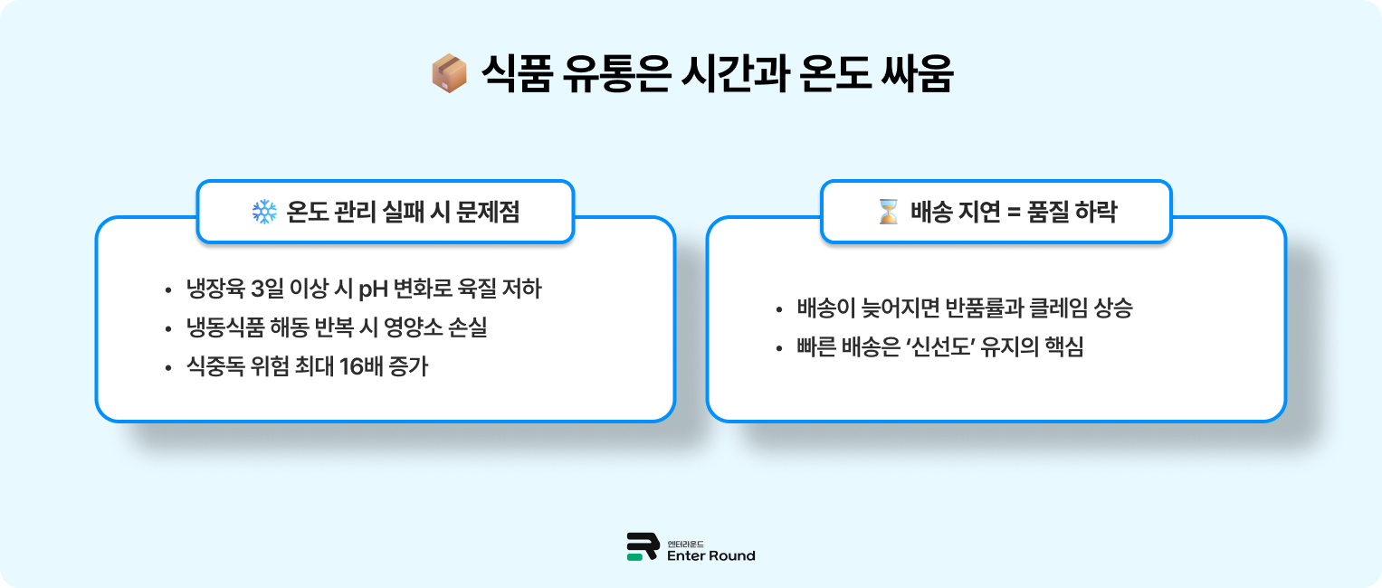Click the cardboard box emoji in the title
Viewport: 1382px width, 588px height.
pyautogui.click(x=449, y=74)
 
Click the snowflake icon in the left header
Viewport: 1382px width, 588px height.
pyautogui.click(x=263, y=212)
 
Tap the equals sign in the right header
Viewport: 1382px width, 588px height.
pyautogui.click(x=1015, y=212)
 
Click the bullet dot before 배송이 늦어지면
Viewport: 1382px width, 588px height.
pyautogui.click(x=779, y=309)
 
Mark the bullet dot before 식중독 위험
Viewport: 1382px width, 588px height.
pyautogui.click(x=167, y=369)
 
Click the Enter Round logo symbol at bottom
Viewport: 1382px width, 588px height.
pyautogui.click(x=642, y=547)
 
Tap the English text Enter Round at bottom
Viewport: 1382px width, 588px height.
pyautogui.click(x=710, y=555)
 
